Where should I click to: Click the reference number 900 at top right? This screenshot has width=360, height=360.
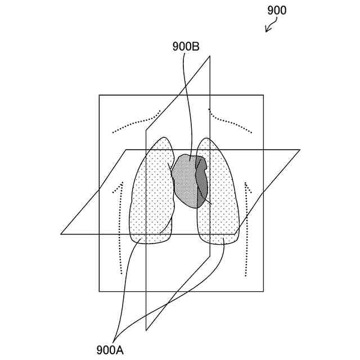click(x=277, y=11)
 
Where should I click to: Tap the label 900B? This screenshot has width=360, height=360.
click(x=186, y=47)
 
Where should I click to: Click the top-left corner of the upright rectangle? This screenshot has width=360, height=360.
click(x=100, y=95)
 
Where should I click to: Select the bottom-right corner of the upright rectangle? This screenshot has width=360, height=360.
click(x=263, y=291)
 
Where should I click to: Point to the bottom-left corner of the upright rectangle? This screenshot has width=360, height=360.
click(x=100, y=291)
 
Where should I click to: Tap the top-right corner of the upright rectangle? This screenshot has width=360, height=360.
click(x=263, y=95)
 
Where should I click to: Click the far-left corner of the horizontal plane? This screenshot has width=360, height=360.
click(x=61, y=234)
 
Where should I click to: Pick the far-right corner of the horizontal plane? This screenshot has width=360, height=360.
click(x=300, y=150)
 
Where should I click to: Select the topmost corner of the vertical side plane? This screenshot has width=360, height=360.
click(x=210, y=56)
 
